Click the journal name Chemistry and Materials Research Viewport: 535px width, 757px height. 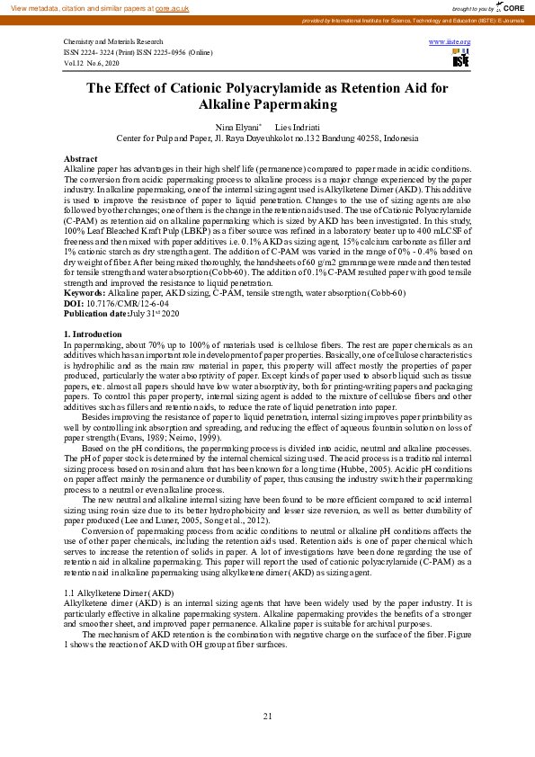point(113,42)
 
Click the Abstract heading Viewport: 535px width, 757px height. point(81,158)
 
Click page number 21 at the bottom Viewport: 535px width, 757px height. point(267,716)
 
